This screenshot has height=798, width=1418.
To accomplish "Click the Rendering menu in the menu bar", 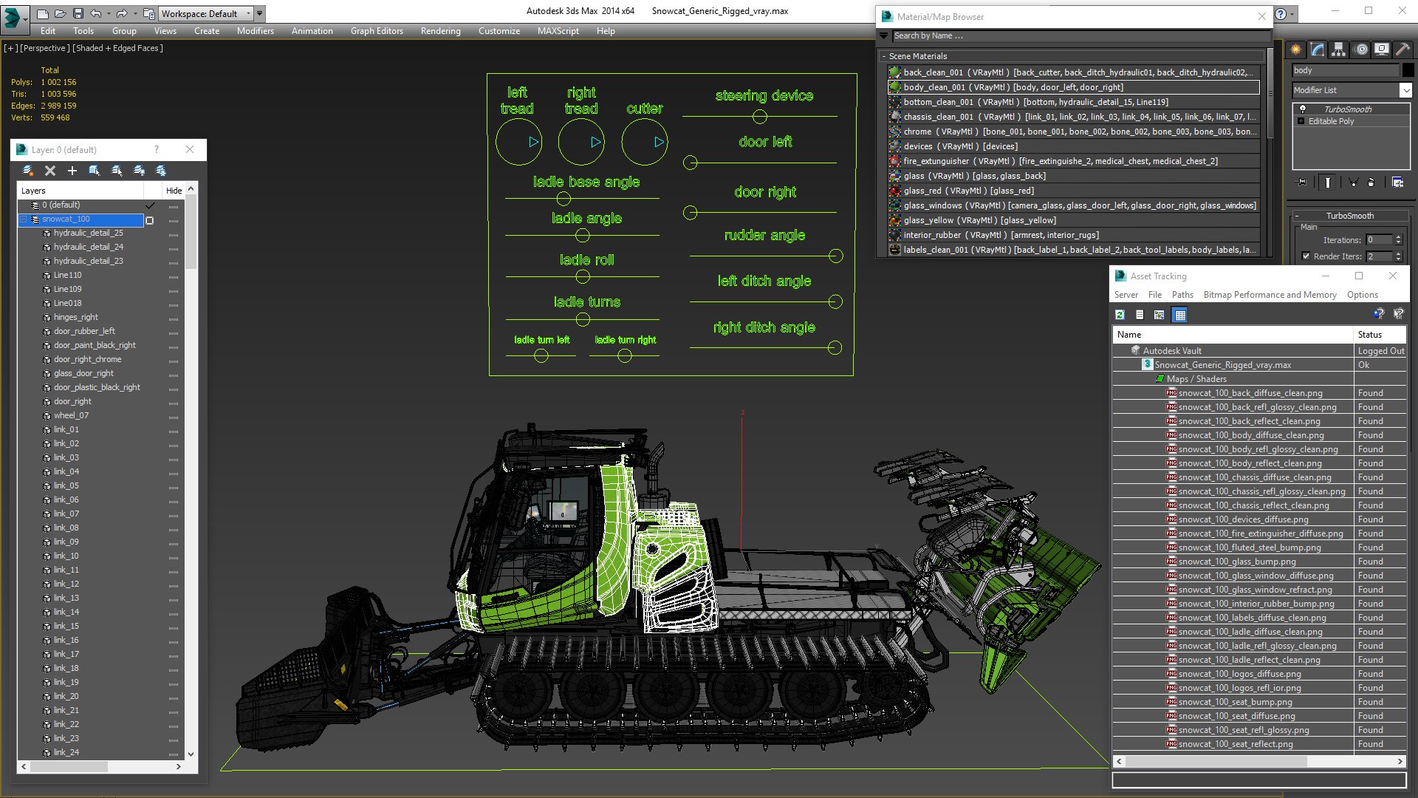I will (x=440, y=31).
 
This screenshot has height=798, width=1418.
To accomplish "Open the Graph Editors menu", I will (x=377, y=31).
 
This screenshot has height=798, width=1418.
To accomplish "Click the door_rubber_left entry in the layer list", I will (x=84, y=331).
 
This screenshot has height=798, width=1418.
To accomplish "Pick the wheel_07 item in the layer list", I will (x=71, y=415).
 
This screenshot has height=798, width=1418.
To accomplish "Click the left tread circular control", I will (x=518, y=142).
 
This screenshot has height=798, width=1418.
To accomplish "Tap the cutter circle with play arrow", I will (x=645, y=142).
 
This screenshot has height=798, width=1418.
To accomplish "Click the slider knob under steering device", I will (x=760, y=117).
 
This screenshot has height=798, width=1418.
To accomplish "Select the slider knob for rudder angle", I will (x=835, y=256).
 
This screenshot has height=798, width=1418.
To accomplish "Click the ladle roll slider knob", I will (x=583, y=277).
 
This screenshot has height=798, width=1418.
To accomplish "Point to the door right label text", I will (x=765, y=192).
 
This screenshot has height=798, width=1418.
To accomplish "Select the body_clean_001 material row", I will (x=1013, y=87).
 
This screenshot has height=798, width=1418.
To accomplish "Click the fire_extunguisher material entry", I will (x=936, y=161).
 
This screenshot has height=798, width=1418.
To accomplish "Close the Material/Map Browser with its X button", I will (x=1261, y=16).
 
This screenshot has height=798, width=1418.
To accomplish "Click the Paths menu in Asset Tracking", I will (x=1182, y=295).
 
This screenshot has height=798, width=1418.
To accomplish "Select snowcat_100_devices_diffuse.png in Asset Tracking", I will (x=1243, y=519).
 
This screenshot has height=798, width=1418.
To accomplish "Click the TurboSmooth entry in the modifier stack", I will (x=1348, y=109).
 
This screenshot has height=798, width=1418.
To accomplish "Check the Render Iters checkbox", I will (x=1306, y=256).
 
